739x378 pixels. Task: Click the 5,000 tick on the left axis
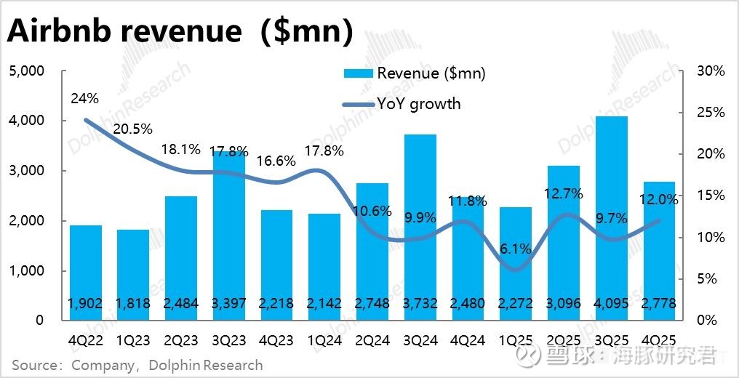point(26,71)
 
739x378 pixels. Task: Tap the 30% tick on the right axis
point(711,71)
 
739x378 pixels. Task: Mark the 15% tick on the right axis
point(711,196)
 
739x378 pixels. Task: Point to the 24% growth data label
point(84,99)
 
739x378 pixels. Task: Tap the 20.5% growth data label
point(134,129)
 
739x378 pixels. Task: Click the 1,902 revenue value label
point(86,304)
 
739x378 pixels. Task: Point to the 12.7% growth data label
point(562,195)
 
